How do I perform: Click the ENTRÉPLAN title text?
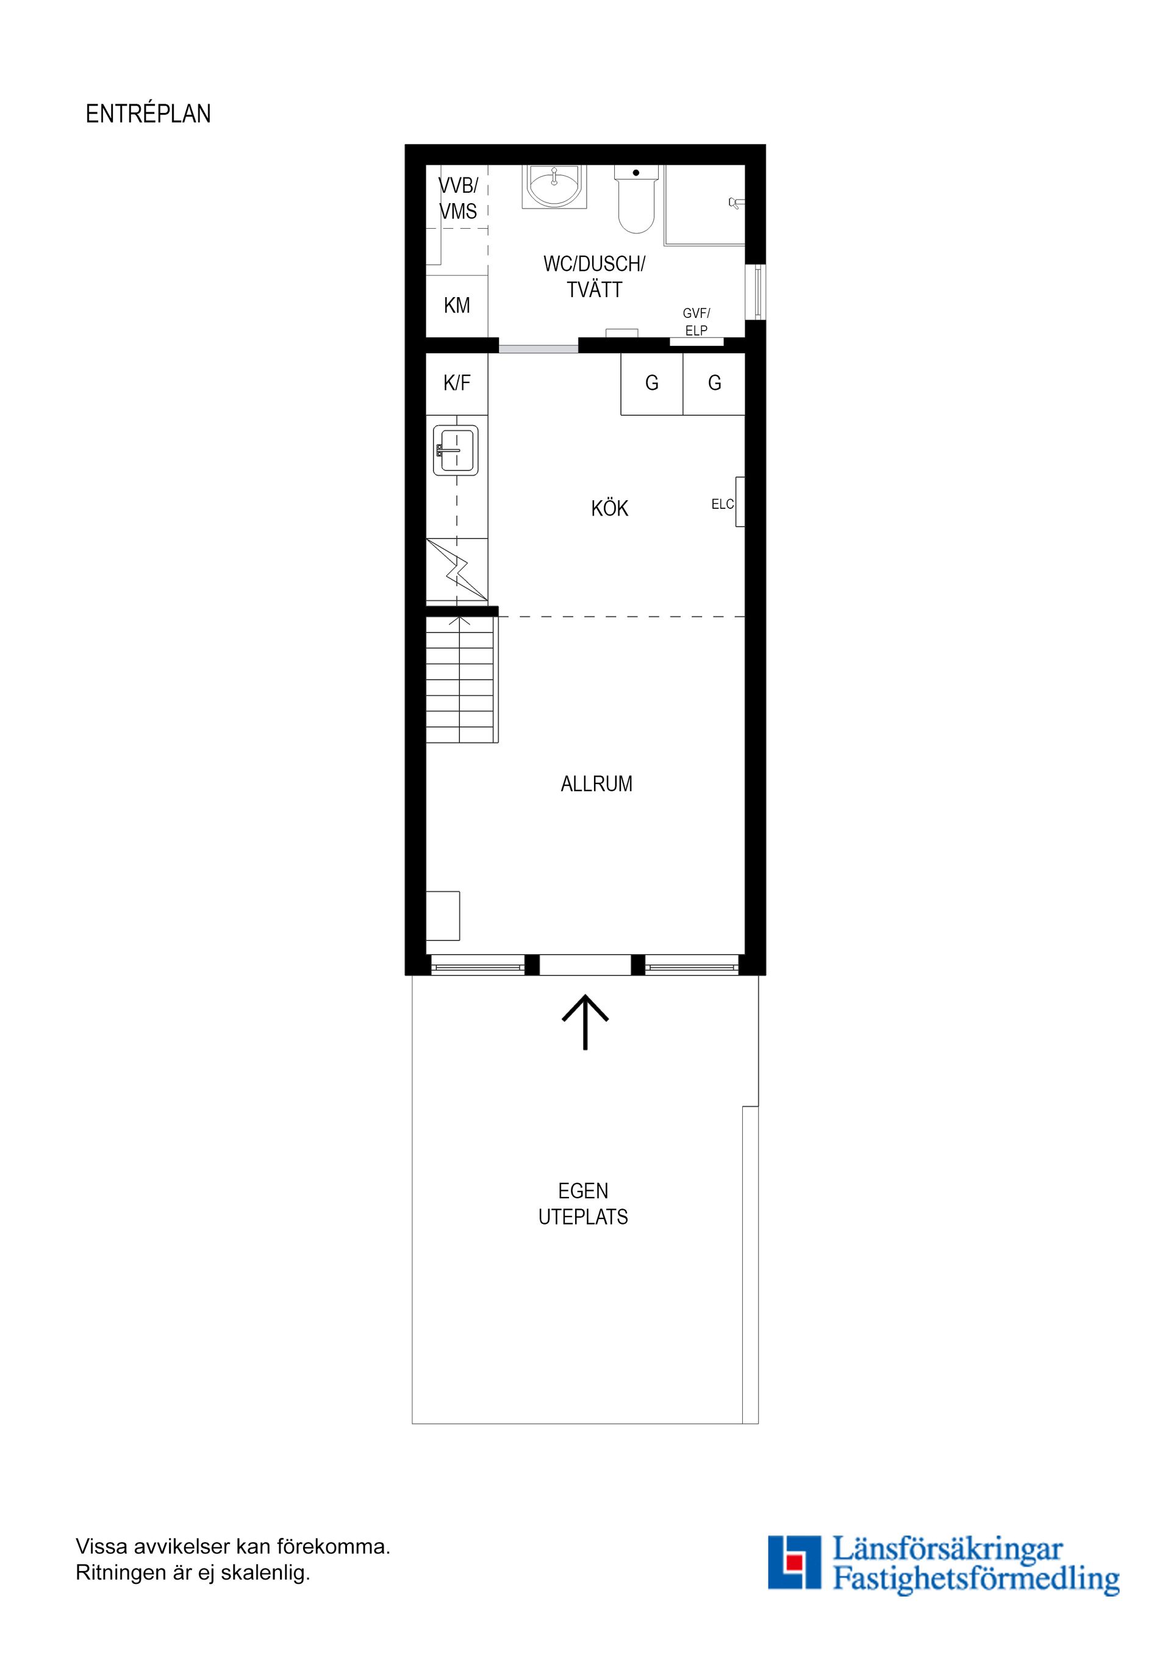pos(148,114)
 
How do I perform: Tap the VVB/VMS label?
pos(458,198)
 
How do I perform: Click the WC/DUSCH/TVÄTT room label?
pos(595,276)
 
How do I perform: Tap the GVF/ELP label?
pos(697,322)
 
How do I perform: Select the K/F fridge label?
pos(457,383)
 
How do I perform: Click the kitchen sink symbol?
pos(456,450)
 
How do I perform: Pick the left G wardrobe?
pos(651,383)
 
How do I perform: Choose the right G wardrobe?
pos(714,383)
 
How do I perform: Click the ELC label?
pos(722,505)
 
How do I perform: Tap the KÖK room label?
pos(610,509)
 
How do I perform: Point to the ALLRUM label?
pos(596,784)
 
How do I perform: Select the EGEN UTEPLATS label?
pos(583,1204)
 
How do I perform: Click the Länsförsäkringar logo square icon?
pos(793,1562)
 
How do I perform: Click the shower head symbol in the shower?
pos(735,204)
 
